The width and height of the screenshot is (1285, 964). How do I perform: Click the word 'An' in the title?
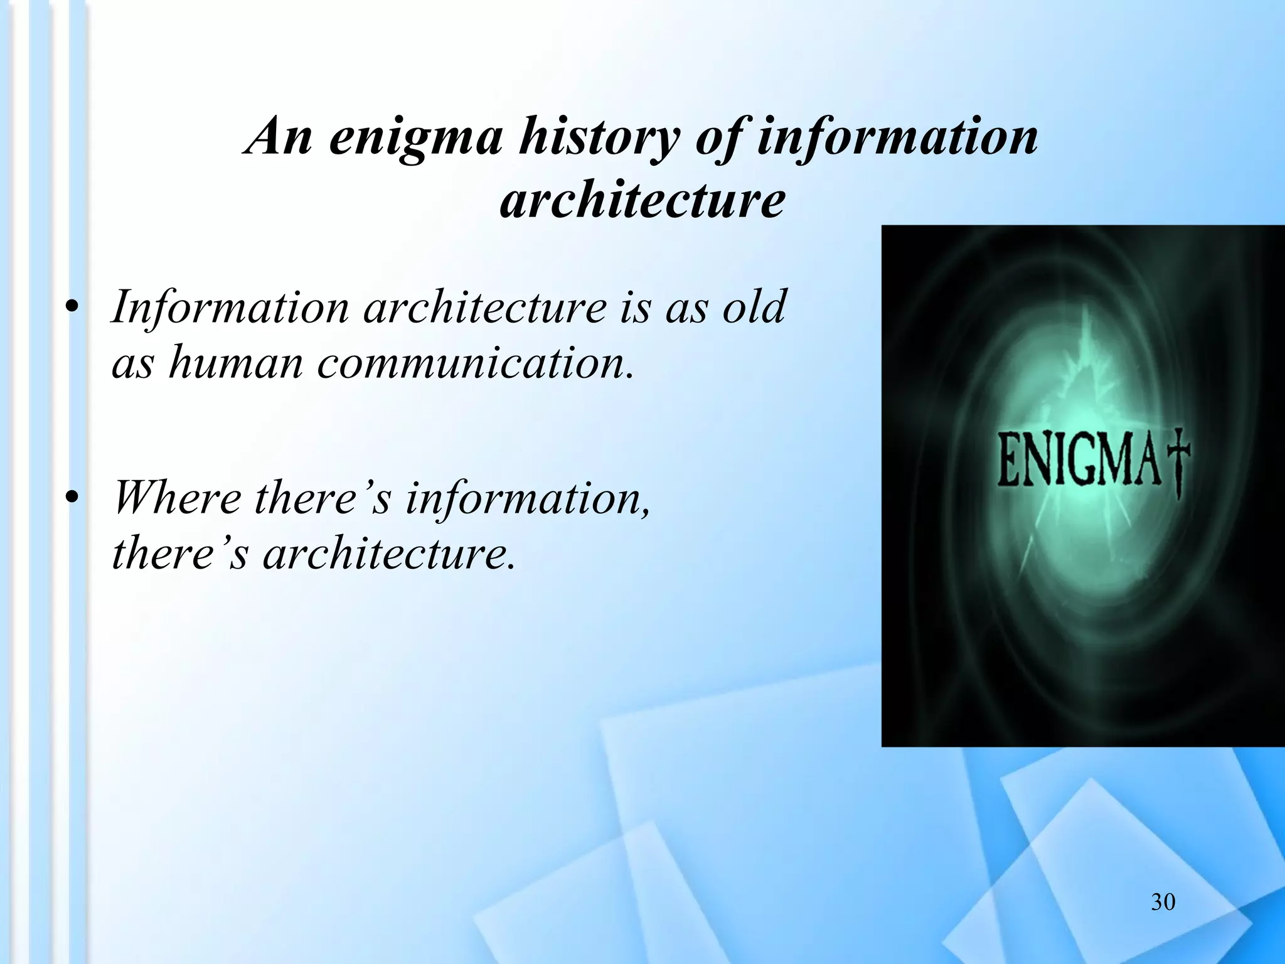point(279,136)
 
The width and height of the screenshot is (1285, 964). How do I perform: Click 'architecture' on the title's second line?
point(642,201)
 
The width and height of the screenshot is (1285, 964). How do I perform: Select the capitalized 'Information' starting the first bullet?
point(230,308)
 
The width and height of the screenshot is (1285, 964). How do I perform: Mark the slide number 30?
point(1163,902)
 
